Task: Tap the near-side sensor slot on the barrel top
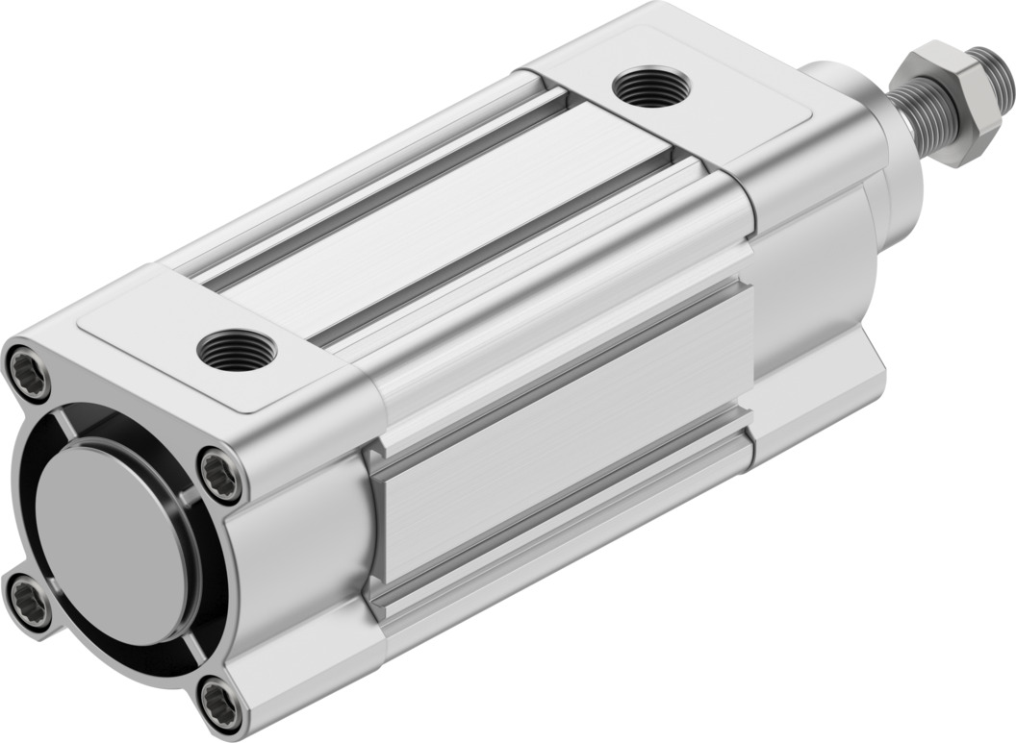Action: pyautogui.click(x=500, y=260)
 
